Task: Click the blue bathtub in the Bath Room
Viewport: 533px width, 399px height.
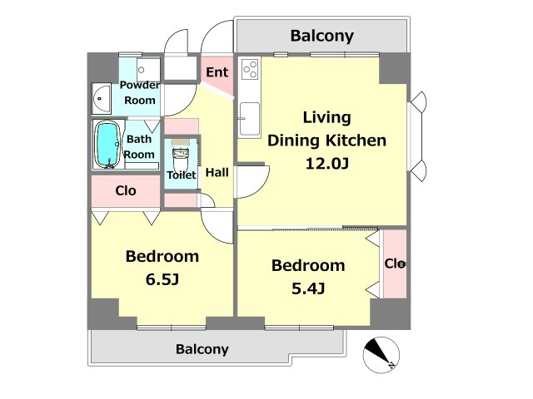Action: click(x=108, y=145)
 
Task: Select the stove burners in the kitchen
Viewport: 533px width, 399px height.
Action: click(x=250, y=69)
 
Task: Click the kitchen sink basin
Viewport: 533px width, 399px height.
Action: click(x=250, y=119)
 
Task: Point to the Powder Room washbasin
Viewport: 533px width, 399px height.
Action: click(x=102, y=98)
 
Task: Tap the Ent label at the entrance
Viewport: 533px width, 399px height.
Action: click(x=217, y=72)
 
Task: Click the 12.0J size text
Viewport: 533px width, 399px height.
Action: click(x=327, y=164)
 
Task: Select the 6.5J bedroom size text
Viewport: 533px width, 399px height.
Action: click(x=162, y=279)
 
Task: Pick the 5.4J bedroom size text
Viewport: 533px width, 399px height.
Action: click(x=308, y=288)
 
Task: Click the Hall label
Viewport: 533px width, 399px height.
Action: click(x=217, y=172)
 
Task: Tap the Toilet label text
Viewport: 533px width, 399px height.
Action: click(x=182, y=175)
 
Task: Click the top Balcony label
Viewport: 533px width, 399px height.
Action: click(x=322, y=36)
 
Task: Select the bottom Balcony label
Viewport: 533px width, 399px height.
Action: click(x=202, y=349)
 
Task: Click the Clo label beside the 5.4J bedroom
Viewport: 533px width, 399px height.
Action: click(x=395, y=264)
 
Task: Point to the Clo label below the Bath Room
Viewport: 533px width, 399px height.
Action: click(x=126, y=190)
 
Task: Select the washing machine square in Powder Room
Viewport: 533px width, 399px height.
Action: click(x=148, y=70)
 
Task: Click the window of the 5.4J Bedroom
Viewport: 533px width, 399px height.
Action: click(x=299, y=328)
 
